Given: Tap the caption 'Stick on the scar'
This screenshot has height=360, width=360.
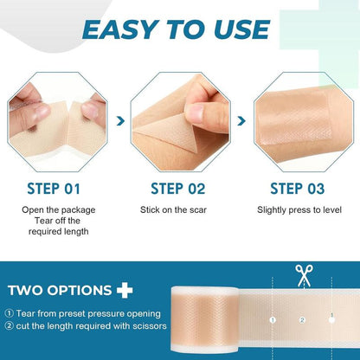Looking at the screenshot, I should click(x=179, y=209).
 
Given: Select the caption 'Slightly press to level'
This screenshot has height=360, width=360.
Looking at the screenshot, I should click(x=299, y=209).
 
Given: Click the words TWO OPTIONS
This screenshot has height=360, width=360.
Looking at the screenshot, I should click(x=59, y=292).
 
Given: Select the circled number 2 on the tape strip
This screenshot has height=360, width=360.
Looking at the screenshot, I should click(x=302, y=319).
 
